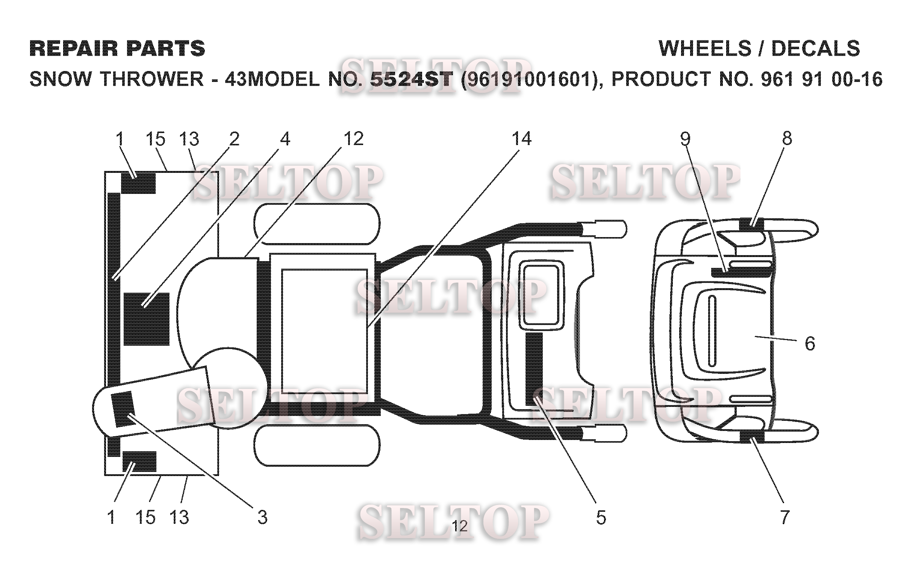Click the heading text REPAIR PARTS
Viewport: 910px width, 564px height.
(117, 49)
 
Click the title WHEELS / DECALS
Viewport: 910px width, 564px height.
(759, 49)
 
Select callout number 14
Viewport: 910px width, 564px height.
(522, 139)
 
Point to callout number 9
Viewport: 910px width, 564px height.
(685, 139)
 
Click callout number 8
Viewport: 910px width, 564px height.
(787, 139)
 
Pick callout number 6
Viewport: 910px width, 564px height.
(810, 343)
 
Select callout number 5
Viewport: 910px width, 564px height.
(601, 517)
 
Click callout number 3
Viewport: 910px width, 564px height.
(262, 517)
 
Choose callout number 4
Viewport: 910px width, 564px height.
(285, 139)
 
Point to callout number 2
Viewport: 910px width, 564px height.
(234, 139)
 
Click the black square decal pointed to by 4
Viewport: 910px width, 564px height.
(147, 319)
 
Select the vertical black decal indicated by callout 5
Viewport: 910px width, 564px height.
(534, 369)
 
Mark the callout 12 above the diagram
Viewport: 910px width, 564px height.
(353, 139)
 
